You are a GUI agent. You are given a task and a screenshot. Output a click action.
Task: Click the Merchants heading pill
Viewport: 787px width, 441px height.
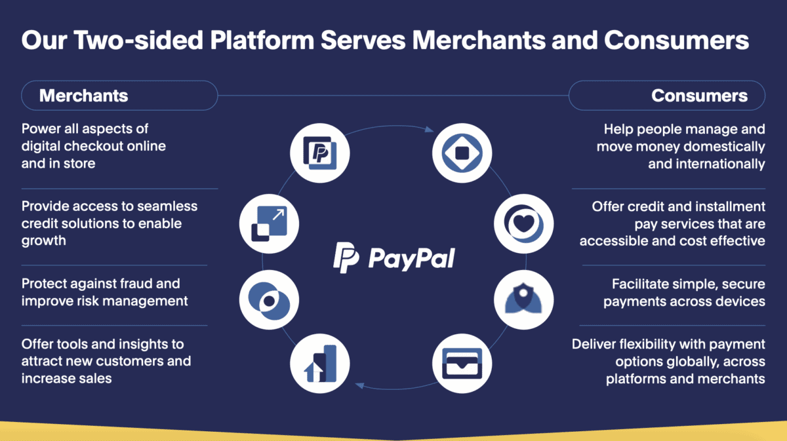[119, 96]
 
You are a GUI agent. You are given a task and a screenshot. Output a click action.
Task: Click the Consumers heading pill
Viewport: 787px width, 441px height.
[666, 96]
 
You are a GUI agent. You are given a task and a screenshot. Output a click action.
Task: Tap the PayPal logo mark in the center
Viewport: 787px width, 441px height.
[345, 258]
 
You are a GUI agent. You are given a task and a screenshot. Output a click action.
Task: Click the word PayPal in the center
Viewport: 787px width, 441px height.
[411, 258]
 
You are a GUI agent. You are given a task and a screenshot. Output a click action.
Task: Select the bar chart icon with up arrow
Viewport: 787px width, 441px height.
[320, 362]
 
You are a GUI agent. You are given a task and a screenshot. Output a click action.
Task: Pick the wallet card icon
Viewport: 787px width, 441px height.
[461, 362]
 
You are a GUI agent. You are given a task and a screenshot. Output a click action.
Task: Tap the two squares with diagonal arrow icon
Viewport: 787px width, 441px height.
[269, 224]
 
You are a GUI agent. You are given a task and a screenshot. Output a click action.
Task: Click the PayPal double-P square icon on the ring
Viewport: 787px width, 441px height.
[320, 153]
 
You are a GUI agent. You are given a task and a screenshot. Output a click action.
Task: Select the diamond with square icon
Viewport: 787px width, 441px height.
[461, 153]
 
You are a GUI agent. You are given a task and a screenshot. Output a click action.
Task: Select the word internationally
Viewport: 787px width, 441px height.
[706, 164]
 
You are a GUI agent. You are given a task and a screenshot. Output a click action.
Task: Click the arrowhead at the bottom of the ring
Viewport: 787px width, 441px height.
[359, 386]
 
